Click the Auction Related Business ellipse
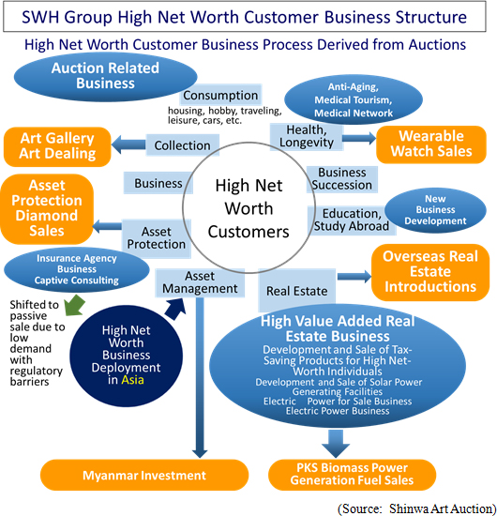click(105, 76)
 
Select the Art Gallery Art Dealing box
click(57, 146)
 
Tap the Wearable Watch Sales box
click(430, 144)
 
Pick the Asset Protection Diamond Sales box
click(47, 208)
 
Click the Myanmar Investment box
click(144, 475)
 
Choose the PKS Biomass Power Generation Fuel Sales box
click(352, 474)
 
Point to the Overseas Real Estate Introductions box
click(430, 272)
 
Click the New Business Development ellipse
click(435, 210)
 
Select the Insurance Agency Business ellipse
click(76, 269)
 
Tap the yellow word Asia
click(132, 380)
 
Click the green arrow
click(75, 305)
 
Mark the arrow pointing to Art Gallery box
click(128, 144)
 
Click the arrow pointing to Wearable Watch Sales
click(359, 138)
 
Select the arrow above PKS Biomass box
click(336, 443)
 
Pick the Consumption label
click(220, 95)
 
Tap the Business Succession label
click(342, 178)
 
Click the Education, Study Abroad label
click(352, 220)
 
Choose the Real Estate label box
click(297, 290)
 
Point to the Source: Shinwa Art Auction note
click(417, 508)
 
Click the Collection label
click(183, 145)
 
